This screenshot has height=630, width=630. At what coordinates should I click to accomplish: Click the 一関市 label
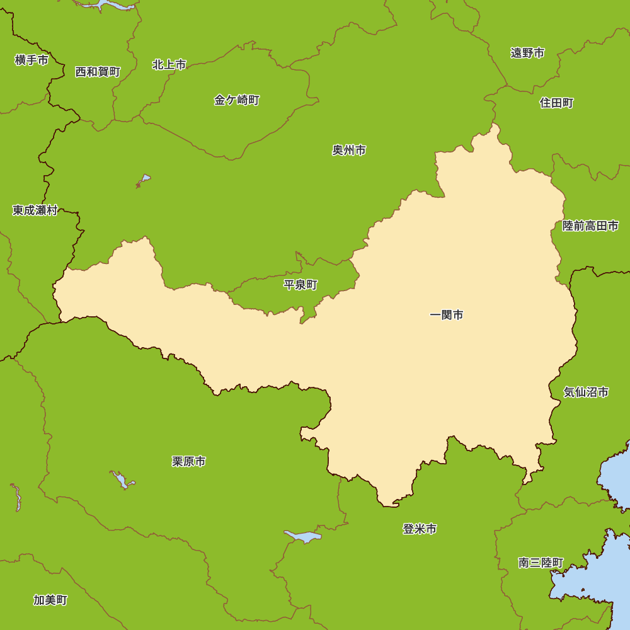pyautogui.click(x=446, y=315)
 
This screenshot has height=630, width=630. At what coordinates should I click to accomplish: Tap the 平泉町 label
pyautogui.click(x=301, y=285)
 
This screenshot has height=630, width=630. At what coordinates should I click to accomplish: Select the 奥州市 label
pyautogui.click(x=349, y=151)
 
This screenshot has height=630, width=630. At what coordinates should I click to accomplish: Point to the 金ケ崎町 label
pyautogui.click(x=236, y=100)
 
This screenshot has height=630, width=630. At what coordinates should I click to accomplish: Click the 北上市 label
pyautogui.click(x=169, y=65)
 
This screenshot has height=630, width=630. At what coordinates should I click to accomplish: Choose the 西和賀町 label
pyautogui.click(x=98, y=72)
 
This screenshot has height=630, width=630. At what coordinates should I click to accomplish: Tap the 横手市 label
pyautogui.click(x=31, y=60)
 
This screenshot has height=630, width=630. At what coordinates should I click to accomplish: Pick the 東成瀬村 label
pyautogui.click(x=35, y=210)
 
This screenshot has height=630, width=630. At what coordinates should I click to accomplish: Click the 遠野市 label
pyautogui.click(x=527, y=53)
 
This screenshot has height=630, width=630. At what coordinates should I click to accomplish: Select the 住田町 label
pyautogui.click(x=556, y=103)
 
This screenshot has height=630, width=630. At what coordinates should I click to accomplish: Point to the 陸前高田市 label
pyautogui.click(x=590, y=226)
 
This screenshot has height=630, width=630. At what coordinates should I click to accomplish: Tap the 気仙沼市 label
pyautogui.click(x=586, y=392)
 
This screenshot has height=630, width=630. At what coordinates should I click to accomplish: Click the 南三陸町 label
pyautogui.click(x=541, y=563)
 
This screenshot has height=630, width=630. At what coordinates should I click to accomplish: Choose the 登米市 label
pyautogui.click(x=420, y=529)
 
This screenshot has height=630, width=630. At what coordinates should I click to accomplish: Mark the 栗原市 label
pyautogui.click(x=188, y=462)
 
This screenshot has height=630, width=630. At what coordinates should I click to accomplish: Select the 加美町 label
pyautogui.click(x=50, y=600)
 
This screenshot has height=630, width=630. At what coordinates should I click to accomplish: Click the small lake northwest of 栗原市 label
pyautogui.click(x=121, y=479)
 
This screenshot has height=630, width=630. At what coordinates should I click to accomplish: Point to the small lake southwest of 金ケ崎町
pyautogui.click(x=144, y=180)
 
